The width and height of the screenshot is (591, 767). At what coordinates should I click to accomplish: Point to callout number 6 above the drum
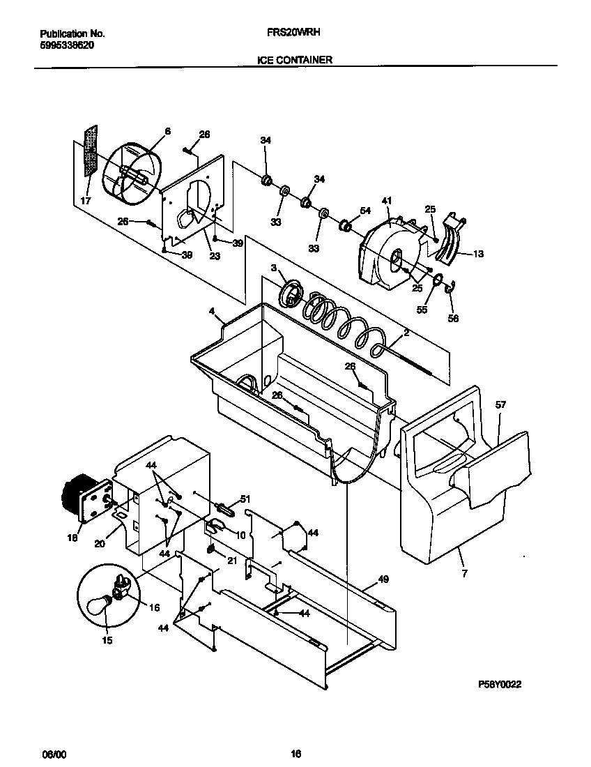[x=167, y=131]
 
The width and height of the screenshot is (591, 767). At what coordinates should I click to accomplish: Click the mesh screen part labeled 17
[x=90, y=153]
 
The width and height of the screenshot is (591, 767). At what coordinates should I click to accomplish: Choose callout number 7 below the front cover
[x=464, y=573]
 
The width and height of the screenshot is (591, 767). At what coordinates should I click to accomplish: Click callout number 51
[x=245, y=499]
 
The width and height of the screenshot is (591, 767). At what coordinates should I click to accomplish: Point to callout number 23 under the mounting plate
[x=215, y=256]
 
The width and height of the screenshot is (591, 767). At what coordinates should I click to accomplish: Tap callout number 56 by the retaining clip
[x=453, y=319]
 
